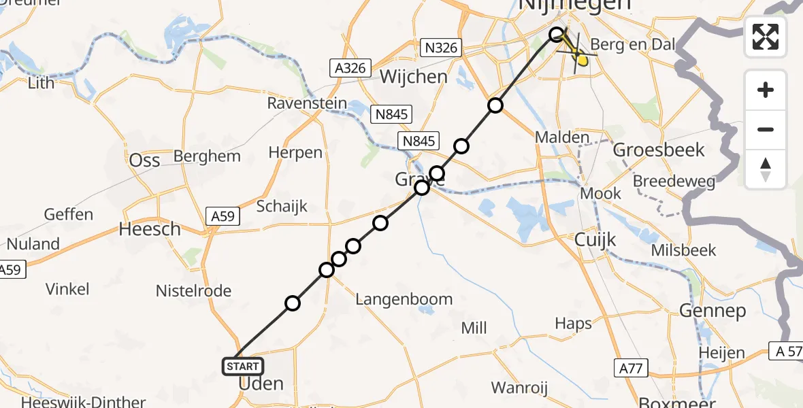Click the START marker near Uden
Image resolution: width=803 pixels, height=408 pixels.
pyautogui.click(x=243, y=367)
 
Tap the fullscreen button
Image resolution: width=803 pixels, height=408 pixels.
pyautogui.click(x=766, y=37)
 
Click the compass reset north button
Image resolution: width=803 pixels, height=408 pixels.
pyautogui.click(x=766, y=169)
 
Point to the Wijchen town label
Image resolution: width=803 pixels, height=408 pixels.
pyautogui.click(x=414, y=76)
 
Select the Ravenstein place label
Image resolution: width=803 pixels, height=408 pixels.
pyautogui.click(x=307, y=104)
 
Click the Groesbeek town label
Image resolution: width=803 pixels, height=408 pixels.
pyautogui.click(x=658, y=149)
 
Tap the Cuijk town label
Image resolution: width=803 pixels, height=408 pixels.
pyautogui.click(x=595, y=239)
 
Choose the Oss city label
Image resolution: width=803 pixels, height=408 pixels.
pyautogui.click(x=144, y=160)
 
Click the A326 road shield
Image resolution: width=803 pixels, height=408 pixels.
pyautogui.click(x=351, y=68)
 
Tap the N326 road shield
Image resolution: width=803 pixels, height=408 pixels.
pyautogui.click(x=441, y=48)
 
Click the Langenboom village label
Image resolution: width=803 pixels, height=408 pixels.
pyautogui.click(x=404, y=299)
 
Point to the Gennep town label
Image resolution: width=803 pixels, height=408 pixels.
pyautogui.click(x=712, y=311)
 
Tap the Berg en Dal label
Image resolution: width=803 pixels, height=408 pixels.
pyautogui.click(x=637, y=46)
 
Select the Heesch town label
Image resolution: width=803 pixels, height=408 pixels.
pyautogui.click(x=150, y=229)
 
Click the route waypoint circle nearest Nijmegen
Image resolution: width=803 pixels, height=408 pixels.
pyautogui.click(x=557, y=34)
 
